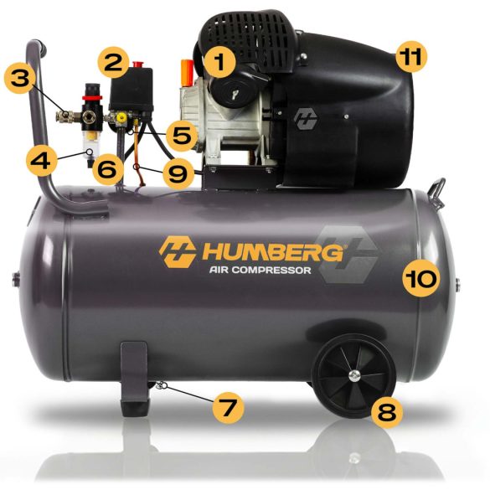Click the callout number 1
(x=220, y=62)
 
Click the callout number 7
(x=227, y=408)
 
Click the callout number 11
(x=410, y=58)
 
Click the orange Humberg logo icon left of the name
(x=178, y=250)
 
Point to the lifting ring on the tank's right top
(x=436, y=188)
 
